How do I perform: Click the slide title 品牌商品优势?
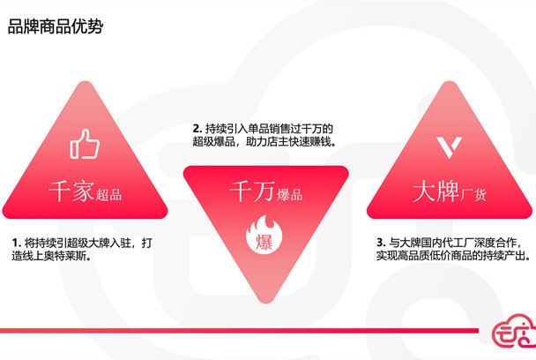pos(56,26)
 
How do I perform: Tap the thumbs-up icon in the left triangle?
pos(85,144)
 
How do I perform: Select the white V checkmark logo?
pos(450,147)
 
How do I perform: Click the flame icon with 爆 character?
pos(264,235)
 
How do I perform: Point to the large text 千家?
pos(71,191)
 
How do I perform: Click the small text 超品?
pos(108,195)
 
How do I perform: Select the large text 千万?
pos(252,191)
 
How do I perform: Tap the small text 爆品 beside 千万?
pos(289,195)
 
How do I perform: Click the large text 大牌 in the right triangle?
pos(435,191)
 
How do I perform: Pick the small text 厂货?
pos(473,195)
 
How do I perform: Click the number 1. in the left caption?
pos(17,243)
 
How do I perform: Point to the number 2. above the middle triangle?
pos(197,129)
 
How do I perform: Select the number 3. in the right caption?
pos(381,243)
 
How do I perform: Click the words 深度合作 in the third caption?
pos(495,243)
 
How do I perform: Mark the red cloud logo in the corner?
pos(514,331)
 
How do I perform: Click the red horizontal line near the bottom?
pos(239,331)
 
